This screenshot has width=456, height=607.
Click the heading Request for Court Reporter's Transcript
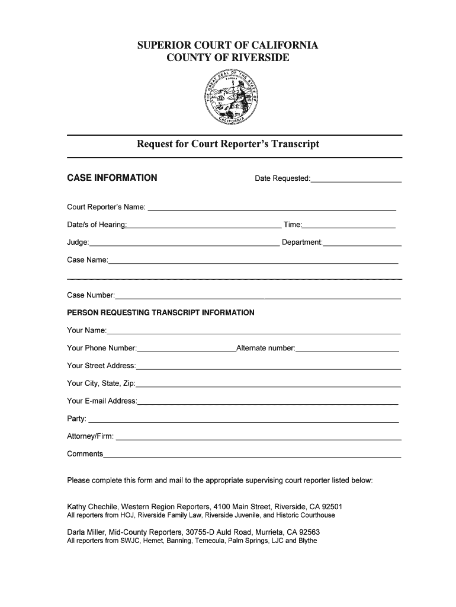pos(228,144)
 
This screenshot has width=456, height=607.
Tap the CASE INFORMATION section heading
pos(112,178)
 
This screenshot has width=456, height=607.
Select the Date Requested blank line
pos(356,180)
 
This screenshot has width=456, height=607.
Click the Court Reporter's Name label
pos(106,207)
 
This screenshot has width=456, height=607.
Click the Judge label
pos(78,242)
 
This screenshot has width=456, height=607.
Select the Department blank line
pos(362,244)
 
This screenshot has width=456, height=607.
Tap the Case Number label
pos(91,295)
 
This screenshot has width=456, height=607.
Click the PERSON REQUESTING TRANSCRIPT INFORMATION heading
pos(160,312)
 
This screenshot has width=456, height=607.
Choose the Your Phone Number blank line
pos(187,350)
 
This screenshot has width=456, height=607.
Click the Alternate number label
pos(265,348)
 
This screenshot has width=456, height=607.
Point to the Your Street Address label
pos(101,366)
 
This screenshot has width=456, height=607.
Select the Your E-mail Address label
pos(102,401)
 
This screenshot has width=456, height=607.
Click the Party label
pos(76,419)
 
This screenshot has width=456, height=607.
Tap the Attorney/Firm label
pos(91,437)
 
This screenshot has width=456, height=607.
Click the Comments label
pos(85,454)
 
